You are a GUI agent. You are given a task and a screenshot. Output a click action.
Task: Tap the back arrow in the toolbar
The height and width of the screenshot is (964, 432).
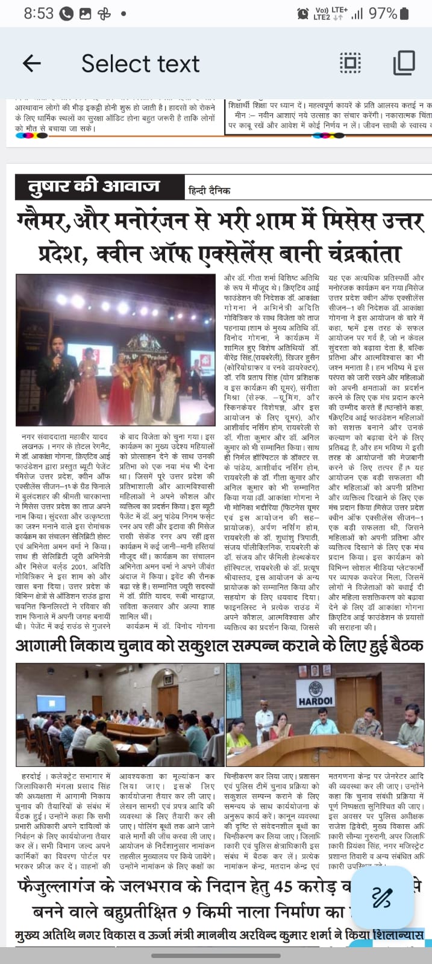pyautogui.click(x=31, y=63)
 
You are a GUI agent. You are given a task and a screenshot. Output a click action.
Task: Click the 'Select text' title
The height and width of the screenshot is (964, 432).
pyautogui.click(x=140, y=63)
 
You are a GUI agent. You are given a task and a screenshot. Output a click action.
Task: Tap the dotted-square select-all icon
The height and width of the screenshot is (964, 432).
pyautogui.click(x=350, y=63)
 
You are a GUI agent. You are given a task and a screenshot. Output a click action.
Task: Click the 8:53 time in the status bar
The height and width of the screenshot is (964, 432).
pyautogui.click(x=39, y=13)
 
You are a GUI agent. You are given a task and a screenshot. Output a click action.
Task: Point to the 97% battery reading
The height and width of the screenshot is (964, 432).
pyautogui.click(x=383, y=13)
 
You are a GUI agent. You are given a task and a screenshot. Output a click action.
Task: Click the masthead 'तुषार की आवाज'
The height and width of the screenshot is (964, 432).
pyautogui.click(x=93, y=186)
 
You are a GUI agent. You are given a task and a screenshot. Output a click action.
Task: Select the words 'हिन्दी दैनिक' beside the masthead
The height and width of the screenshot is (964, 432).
pyautogui.click(x=209, y=191)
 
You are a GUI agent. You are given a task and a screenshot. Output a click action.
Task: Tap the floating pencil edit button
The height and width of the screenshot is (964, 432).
pyautogui.click(x=381, y=897)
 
